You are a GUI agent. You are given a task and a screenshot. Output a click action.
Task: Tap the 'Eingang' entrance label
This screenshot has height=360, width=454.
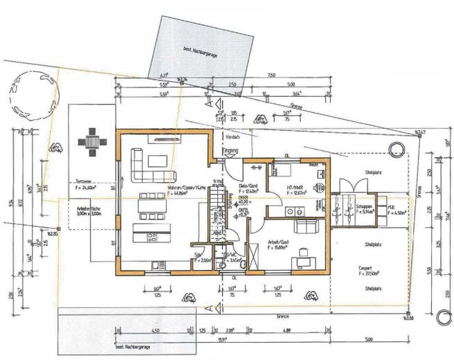click(x=229, y=150)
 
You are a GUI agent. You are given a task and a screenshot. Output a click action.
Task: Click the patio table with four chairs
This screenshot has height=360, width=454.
click(x=92, y=142)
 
